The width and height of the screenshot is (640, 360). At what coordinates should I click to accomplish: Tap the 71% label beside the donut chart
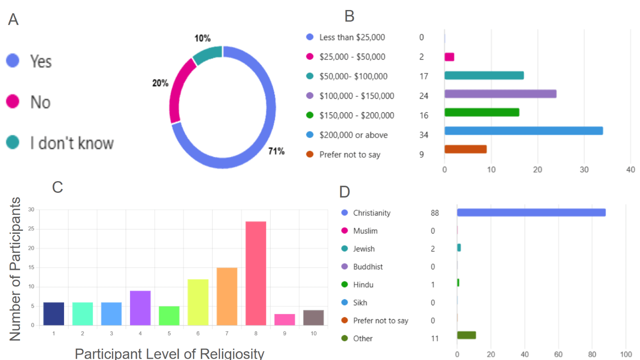276,151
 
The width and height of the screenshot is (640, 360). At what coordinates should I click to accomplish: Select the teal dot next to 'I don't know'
13,142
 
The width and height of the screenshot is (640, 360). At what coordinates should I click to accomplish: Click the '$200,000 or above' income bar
523,131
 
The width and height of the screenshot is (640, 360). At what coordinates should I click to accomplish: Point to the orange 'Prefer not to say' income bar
465,149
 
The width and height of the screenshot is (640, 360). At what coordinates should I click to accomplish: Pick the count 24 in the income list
424,96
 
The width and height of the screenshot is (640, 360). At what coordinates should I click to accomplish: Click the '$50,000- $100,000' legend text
353,76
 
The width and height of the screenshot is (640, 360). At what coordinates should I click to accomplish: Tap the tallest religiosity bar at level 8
256,273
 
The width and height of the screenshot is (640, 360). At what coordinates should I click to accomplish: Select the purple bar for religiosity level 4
140,308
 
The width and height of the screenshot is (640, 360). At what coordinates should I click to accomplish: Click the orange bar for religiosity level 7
227,296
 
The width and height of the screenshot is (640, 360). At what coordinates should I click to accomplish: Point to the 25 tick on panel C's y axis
31,229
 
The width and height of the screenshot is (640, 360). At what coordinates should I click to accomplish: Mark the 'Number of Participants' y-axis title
15,269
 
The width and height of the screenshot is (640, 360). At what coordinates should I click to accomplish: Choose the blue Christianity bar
531,212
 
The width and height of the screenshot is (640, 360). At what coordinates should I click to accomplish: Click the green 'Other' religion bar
466,335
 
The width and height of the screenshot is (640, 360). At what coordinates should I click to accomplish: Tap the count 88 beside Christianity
435,213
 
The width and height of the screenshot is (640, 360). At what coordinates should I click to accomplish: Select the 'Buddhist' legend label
368,267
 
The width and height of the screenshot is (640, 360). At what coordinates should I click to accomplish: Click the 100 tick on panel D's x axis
626,354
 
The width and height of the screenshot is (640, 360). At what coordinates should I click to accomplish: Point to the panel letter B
349,16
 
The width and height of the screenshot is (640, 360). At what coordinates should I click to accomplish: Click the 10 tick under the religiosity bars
314,333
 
